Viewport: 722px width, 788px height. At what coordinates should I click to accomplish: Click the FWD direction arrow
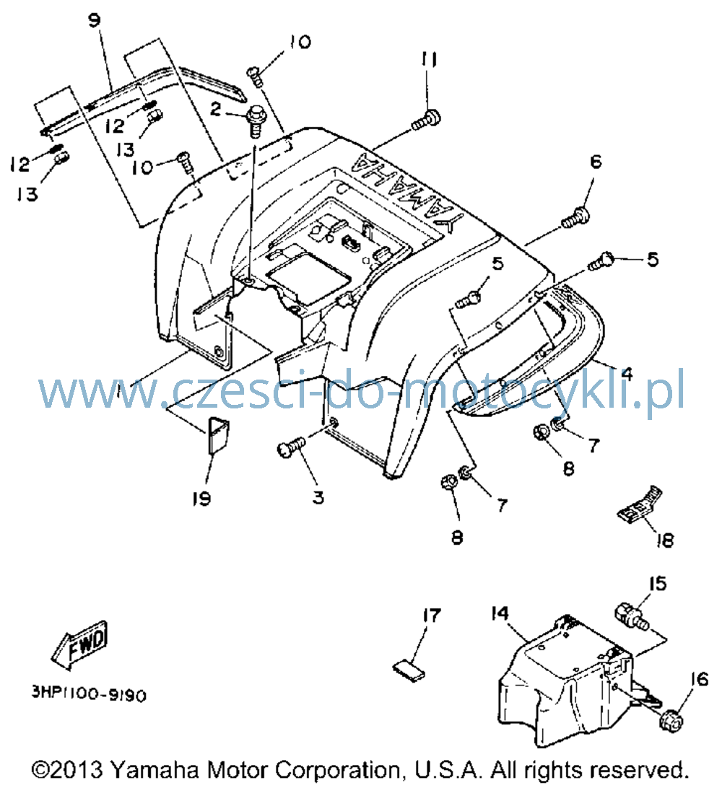coord(80,646)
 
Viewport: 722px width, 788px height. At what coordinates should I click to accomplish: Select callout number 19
coord(201,499)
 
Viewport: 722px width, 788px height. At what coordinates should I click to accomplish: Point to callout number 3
coord(318,497)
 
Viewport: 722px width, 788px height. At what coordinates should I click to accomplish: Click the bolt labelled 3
coord(291,446)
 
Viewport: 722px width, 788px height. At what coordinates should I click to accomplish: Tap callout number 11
coord(429,60)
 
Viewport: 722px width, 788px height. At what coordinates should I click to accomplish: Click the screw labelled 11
coord(427,120)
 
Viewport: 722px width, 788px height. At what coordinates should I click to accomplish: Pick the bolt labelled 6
coord(575,218)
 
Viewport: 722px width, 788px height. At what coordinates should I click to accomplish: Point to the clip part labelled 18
coord(640,504)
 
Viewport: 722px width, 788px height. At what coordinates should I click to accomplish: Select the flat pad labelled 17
coord(409,672)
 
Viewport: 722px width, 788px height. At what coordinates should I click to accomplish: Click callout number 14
coord(500,613)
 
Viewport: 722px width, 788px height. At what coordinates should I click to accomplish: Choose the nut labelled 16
coord(671,721)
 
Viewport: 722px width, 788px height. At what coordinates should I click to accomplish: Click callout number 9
coord(94,20)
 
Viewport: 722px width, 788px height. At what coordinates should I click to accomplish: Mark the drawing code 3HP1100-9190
coord(89,694)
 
